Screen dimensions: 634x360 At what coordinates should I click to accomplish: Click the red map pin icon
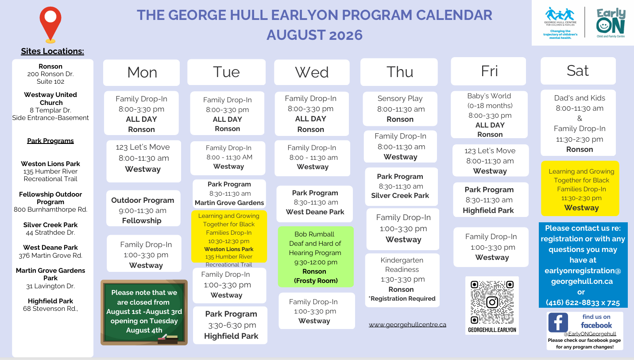pos(50,24)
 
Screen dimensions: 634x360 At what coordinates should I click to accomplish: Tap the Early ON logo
pos(611,23)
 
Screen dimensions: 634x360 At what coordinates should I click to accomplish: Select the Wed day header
pos(312,72)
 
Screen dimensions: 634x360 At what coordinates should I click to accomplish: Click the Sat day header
pos(578,71)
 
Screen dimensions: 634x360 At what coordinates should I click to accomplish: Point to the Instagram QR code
pos(492,302)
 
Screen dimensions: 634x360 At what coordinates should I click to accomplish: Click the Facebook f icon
pos(558,322)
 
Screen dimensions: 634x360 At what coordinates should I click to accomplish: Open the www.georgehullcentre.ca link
pos(407,325)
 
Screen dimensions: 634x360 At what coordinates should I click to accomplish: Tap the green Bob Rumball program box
pos(316,257)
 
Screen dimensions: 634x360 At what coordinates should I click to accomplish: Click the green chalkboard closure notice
pos(144,312)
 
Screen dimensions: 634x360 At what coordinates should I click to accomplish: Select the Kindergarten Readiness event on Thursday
pos(402,280)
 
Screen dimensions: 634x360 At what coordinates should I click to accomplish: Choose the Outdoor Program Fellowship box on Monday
pos(143,208)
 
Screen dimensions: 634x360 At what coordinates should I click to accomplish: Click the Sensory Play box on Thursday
pos(400,108)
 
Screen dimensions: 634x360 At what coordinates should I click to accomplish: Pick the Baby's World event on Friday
pos(489,115)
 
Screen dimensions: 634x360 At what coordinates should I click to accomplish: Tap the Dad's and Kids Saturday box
pos(578,123)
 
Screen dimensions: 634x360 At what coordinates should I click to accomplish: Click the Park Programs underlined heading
pos(50,141)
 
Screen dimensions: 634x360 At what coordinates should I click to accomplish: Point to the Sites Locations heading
pos(52,51)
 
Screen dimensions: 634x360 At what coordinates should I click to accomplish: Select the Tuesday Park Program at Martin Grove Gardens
pos(229,194)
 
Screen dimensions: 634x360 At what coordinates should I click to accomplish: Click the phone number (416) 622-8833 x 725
pos(583,302)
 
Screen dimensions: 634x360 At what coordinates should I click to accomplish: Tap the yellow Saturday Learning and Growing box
pos(580,189)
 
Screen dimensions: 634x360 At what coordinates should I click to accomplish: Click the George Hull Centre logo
pos(560,23)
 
